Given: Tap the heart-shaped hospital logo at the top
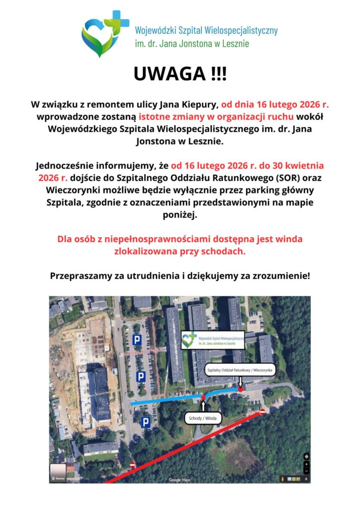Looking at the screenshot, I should (104, 34).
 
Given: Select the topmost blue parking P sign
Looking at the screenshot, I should (136, 340).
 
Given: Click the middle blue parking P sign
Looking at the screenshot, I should (141, 377).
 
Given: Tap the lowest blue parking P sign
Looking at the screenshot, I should (145, 423).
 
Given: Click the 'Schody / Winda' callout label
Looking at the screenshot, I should (203, 419).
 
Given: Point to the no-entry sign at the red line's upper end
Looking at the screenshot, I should (263, 412).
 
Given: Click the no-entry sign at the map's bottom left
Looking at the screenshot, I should (132, 465).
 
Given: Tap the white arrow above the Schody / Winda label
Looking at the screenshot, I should (203, 405).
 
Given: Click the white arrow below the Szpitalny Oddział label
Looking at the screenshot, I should (240, 382).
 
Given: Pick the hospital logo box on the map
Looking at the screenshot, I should (212, 340).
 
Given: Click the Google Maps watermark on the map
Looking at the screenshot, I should (180, 480).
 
